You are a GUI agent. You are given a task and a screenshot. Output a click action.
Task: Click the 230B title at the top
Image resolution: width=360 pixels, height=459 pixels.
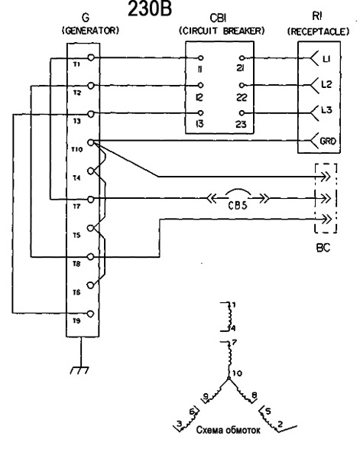pos(150,9)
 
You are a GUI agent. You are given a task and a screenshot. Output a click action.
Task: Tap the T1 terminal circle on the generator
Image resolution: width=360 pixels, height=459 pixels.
pos(91,57)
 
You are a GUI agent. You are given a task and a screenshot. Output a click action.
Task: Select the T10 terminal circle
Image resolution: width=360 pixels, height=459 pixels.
pos(91,142)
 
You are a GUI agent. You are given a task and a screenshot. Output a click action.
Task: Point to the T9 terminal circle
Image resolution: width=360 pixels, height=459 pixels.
pos(91,314)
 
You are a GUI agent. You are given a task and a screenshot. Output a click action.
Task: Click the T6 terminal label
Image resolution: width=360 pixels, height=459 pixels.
pos(76,292)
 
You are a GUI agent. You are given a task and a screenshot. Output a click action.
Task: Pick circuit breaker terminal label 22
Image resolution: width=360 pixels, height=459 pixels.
pos(242,97)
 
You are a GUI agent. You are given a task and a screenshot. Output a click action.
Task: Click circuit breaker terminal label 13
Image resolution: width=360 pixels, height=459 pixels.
pos(199,124)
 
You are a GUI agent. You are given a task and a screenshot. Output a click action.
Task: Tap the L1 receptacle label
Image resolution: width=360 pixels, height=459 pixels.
pos(326,59)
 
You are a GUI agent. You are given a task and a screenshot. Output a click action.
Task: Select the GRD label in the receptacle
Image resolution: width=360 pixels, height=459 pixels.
pos(328,141)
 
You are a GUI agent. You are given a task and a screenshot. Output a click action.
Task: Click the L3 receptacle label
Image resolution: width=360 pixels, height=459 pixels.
pos(326,110)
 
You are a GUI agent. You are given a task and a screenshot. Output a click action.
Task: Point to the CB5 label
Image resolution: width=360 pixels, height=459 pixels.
pos(238,206)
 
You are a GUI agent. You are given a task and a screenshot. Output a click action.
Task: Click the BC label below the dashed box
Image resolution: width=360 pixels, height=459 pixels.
pos(323,248)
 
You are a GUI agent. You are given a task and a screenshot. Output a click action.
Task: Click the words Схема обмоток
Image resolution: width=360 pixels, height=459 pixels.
pos(228,430)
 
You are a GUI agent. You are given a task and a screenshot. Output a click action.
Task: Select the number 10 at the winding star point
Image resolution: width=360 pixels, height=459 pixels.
pos(238,373)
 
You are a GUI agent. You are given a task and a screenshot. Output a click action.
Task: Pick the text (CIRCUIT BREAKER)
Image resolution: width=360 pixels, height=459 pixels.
pos(222,31)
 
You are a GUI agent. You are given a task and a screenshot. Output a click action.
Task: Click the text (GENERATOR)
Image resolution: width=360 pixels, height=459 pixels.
pos(91,31)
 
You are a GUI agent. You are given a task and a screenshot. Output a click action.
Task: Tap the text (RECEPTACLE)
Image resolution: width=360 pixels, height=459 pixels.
pos(318,31)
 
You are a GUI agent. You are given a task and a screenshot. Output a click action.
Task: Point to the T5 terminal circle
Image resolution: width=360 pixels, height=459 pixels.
pos(91,228)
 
